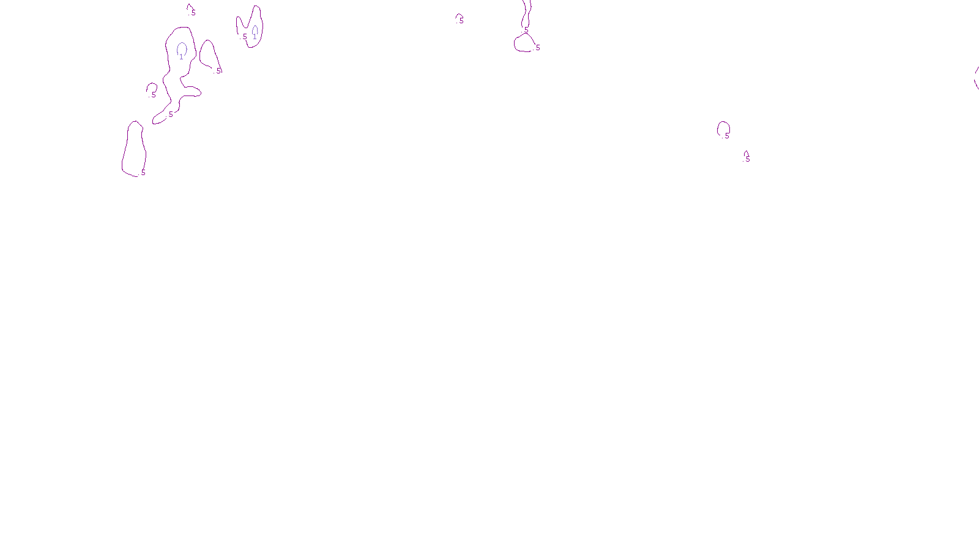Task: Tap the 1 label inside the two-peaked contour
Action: click(x=255, y=37)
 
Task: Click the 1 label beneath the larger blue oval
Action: click(x=181, y=57)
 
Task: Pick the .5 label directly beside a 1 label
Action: click(x=245, y=37)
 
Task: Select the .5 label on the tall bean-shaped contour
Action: click(x=143, y=173)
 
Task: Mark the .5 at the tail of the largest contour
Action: click(x=171, y=114)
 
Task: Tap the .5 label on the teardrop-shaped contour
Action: click(x=218, y=70)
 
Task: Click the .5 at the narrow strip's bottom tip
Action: click(x=526, y=29)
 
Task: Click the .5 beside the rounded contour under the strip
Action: click(x=537, y=48)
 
